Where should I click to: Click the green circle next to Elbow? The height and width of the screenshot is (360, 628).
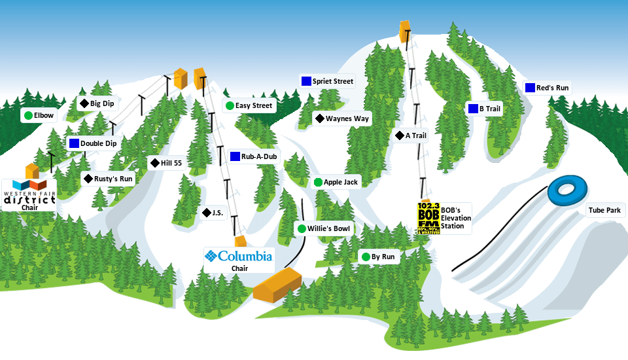click(x=28, y=116)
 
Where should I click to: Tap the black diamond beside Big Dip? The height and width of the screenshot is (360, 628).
click(x=84, y=103)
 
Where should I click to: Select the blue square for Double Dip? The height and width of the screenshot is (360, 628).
click(x=74, y=143)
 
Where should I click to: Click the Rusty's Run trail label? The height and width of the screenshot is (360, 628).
click(x=113, y=179)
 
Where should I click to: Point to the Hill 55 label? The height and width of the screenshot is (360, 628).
click(x=171, y=163)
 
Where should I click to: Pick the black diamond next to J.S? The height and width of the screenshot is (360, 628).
click(x=207, y=213)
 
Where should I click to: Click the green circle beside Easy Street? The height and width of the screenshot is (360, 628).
click(x=230, y=105)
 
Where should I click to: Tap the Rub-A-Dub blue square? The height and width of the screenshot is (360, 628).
click(x=235, y=156)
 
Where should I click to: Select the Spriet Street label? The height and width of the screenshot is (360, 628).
click(x=332, y=82)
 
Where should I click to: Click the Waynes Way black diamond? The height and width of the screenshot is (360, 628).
click(x=319, y=118)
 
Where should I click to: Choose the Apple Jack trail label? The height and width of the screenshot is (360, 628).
click(x=341, y=182)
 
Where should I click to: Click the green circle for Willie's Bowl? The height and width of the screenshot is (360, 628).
click(x=302, y=228)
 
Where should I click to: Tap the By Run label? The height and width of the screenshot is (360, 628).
click(x=383, y=257)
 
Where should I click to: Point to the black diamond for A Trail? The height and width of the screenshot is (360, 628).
click(x=399, y=135)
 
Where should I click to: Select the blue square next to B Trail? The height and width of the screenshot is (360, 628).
click(x=473, y=109)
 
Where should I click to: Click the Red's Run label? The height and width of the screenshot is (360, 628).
click(x=552, y=88)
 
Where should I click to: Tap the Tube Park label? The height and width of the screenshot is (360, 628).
click(x=604, y=210)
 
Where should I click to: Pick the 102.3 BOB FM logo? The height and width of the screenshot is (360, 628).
click(x=428, y=218)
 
